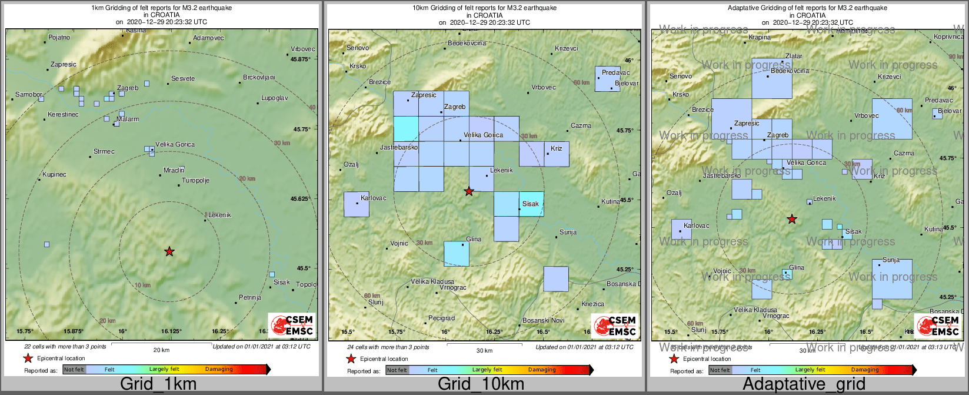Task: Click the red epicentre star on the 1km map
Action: pos(169,252)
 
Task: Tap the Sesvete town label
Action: pos(182,79)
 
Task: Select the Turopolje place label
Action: pos(195,181)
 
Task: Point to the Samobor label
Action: pos(28,95)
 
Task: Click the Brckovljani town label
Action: pos(259,78)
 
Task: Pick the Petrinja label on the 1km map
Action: pos(249,298)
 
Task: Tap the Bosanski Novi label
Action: pos(543,321)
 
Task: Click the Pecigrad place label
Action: pos(441,318)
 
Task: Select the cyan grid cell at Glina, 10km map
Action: pos(457,254)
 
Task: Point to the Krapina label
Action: pos(759,38)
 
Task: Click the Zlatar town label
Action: pos(794,57)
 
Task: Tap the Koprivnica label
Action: pos(948,37)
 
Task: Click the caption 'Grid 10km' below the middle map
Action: pos(481,384)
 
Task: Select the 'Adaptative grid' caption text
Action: pos(804,384)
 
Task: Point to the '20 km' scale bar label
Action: pos(161,350)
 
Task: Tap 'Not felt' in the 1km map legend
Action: pos(74,370)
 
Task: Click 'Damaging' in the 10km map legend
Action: pos(542,370)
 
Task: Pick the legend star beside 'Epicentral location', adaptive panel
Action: pos(674,359)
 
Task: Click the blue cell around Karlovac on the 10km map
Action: pos(357,204)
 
